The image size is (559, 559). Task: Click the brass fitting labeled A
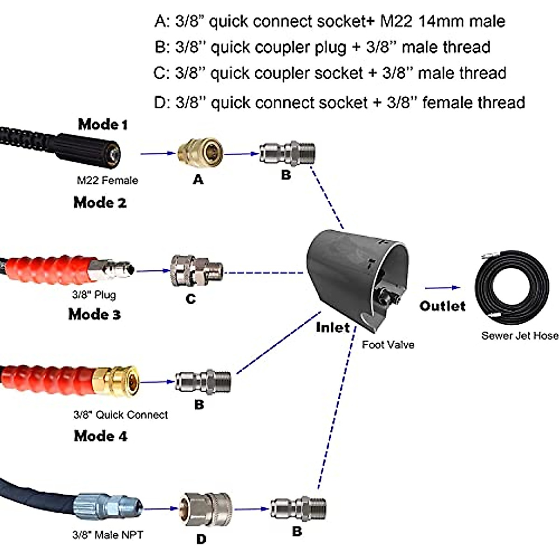tap(200, 153)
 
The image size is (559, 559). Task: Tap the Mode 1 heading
tap(102, 124)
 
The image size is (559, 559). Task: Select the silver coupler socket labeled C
tap(196, 271)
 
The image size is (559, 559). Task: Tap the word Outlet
tap(442, 306)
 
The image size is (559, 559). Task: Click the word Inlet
tap(332, 327)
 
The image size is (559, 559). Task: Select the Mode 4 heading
tap(100, 436)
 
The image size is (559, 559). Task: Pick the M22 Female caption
tap(107, 180)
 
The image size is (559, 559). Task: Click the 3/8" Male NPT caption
tap(108, 535)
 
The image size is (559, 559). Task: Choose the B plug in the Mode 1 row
tap(287, 152)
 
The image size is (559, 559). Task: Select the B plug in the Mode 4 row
tap(298, 509)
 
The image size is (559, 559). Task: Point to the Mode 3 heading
tap(95, 314)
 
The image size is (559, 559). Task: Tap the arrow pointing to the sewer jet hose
tap(442, 288)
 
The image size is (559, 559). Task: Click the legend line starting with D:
tap(340, 102)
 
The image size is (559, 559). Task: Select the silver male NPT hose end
tap(107, 506)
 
